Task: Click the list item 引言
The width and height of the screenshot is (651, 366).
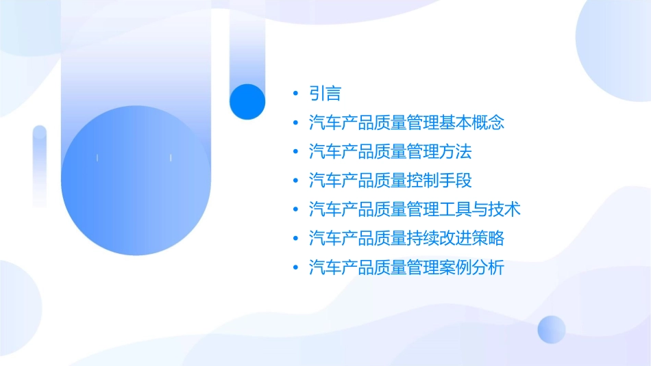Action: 325,94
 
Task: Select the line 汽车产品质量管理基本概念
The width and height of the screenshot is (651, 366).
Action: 406,123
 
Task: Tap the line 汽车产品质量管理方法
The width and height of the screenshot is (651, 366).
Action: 390,152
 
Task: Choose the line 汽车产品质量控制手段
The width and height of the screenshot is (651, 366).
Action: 390,181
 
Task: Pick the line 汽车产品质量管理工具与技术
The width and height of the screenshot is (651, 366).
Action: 415,209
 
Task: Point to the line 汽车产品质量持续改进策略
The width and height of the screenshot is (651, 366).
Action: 406,238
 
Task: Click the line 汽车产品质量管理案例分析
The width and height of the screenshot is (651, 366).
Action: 406,267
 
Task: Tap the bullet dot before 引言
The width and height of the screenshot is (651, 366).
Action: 295,94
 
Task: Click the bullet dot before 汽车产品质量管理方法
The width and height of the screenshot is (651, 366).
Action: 295,152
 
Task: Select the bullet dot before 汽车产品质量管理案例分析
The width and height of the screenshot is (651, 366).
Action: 295,267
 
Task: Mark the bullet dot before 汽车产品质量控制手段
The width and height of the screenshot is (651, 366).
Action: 295,181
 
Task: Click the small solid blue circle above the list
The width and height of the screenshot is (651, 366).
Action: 247,101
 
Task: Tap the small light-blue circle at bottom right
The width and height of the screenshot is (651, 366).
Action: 552,329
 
